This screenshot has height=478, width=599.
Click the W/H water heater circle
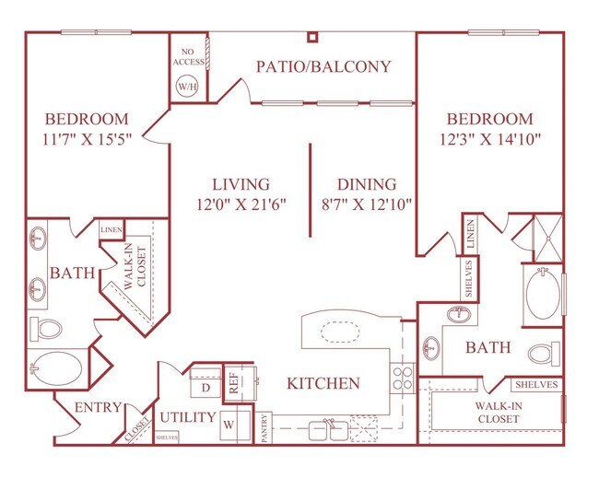(x=186, y=86)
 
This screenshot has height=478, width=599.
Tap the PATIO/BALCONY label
(x=323, y=66)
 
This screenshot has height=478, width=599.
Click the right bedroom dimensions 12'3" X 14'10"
(x=489, y=139)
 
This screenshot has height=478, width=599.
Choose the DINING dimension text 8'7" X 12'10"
(x=366, y=204)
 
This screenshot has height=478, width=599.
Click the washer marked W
(x=228, y=425)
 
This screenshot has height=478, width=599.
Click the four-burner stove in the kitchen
(x=403, y=378)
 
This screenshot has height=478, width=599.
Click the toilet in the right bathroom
(x=544, y=354)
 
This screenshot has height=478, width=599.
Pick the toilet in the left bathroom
(x=47, y=327)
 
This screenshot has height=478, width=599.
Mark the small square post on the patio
(x=312, y=37)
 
